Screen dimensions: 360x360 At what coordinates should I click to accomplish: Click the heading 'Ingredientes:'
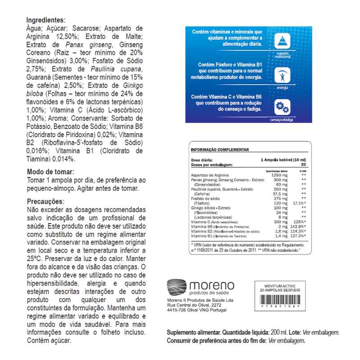click(x=46, y=21)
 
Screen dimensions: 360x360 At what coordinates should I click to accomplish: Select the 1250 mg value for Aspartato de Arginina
click(x=279, y=175)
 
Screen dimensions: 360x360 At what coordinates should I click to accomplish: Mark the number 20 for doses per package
click(x=303, y=164)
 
